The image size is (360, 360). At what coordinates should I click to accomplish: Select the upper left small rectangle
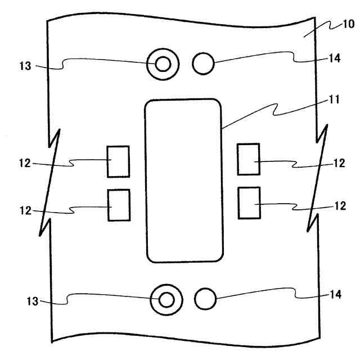(x=118, y=161)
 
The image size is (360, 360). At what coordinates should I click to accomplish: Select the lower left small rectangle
(x=118, y=206)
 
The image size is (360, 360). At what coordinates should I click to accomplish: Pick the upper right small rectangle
(x=249, y=159)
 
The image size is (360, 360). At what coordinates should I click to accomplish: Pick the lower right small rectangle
(x=249, y=202)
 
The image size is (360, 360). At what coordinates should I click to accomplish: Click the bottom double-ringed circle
(x=165, y=299)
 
